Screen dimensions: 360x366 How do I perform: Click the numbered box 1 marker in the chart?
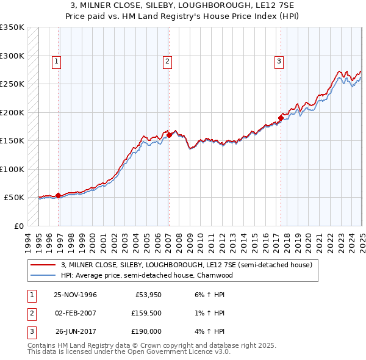(56, 60)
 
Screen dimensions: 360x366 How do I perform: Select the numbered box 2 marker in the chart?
(167, 60)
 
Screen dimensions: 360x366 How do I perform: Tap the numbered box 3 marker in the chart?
(279, 60)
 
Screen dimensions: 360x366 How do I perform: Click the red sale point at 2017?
(281, 118)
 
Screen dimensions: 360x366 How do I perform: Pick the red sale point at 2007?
(169, 135)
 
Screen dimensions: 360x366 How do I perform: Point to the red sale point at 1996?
(59, 195)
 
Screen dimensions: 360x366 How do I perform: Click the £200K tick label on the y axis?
(12, 112)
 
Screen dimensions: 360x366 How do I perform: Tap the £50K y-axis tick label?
(14, 198)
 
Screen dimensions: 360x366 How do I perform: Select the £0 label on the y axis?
(18, 226)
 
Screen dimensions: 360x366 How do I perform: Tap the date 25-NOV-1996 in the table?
(76, 294)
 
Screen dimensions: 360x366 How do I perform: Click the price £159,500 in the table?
(146, 313)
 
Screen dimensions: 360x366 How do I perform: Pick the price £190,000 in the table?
(146, 332)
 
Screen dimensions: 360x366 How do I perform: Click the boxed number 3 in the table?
(30, 332)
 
